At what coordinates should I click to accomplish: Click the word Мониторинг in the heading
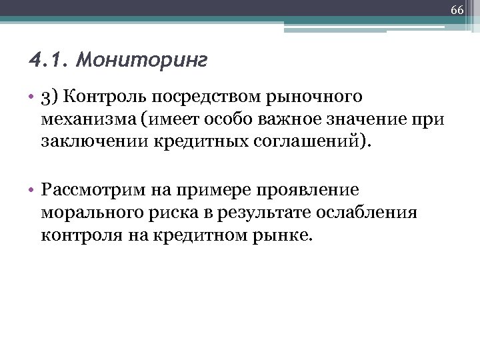pos(142,61)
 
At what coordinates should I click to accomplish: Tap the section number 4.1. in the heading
pos(50,61)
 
